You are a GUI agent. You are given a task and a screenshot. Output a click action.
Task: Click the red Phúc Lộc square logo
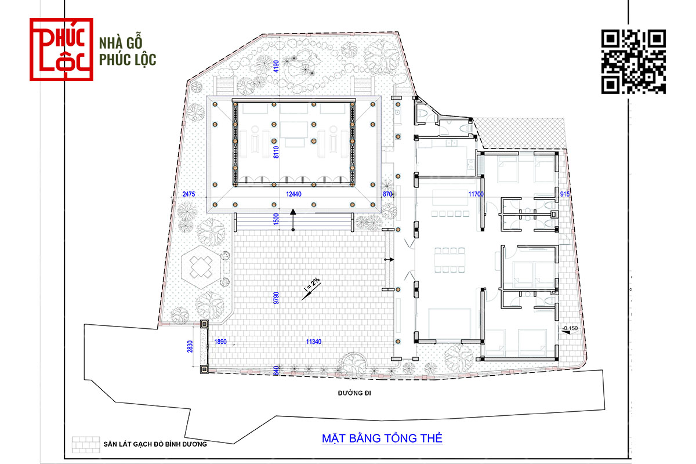pyautogui.click(x=61, y=49)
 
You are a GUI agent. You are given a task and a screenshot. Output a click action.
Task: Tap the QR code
pyautogui.click(x=633, y=61)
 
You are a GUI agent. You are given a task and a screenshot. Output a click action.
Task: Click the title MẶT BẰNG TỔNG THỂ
pyautogui.click(x=382, y=438)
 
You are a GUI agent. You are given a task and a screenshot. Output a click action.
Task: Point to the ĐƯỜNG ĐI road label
pyautogui.click(x=354, y=393)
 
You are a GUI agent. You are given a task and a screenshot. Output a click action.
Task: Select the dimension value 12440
pyautogui.click(x=293, y=194)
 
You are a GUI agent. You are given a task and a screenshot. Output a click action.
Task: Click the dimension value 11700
pyautogui.click(x=476, y=194)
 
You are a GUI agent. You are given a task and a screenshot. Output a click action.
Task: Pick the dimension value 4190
pyautogui.click(x=276, y=66)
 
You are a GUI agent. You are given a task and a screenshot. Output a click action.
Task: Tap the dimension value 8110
pyautogui.click(x=276, y=152)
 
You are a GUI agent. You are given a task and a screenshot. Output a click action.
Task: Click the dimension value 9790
pyautogui.click(x=276, y=298)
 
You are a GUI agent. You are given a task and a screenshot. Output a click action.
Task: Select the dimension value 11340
pyautogui.click(x=314, y=342)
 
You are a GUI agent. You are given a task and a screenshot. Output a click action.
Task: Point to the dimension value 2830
pyautogui.click(x=190, y=346)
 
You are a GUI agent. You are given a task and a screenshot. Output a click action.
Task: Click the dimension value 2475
pyautogui.click(x=188, y=194)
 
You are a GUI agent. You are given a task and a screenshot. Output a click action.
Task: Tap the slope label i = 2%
pyautogui.click(x=312, y=284)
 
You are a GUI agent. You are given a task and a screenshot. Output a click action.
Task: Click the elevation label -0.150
pyautogui.click(x=570, y=328)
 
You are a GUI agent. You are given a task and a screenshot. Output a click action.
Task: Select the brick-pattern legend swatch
pyautogui.click(x=86, y=445)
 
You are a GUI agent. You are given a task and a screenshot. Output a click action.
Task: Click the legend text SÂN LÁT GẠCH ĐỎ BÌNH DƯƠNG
pyautogui.click(x=155, y=444)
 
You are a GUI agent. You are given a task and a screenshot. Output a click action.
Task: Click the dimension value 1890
pyautogui.click(x=220, y=342)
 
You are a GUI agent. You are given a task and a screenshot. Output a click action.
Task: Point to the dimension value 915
pyautogui.click(x=564, y=194)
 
